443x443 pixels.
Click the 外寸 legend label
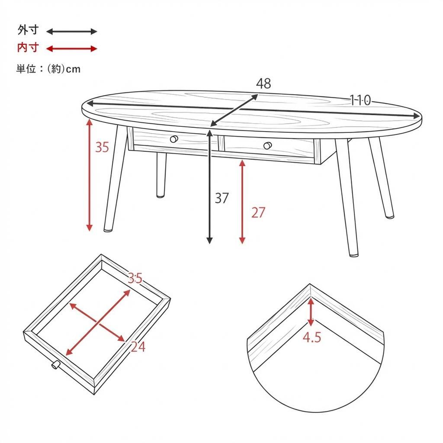[x=28, y=30]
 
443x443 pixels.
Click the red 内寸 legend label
[x=28, y=48]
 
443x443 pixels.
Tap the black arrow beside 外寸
[x=72, y=31]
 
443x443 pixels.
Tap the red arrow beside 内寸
[x=72, y=48]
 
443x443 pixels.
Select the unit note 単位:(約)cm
[x=48, y=69]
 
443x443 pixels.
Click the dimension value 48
[x=263, y=83]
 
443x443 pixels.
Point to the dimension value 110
[x=360, y=100]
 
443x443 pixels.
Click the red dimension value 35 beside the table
[x=102, y=147]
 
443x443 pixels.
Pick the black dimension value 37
[x=221, y=198]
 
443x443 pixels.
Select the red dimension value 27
[x=258, y=212]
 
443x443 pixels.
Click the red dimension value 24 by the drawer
[x=138, y=347]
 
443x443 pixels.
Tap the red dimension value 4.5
[x=311, y=337]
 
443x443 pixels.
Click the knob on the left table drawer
[x=174, y=139]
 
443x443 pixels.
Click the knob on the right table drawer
[x=268, y=145]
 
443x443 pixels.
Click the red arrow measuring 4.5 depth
[x=311, y=312]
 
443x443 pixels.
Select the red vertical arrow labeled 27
[x=242, y=202]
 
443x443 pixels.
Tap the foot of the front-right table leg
[x=353, y=254]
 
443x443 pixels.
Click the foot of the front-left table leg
[x=108, y=229]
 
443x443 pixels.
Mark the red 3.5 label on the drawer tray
[x=135, y=278]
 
